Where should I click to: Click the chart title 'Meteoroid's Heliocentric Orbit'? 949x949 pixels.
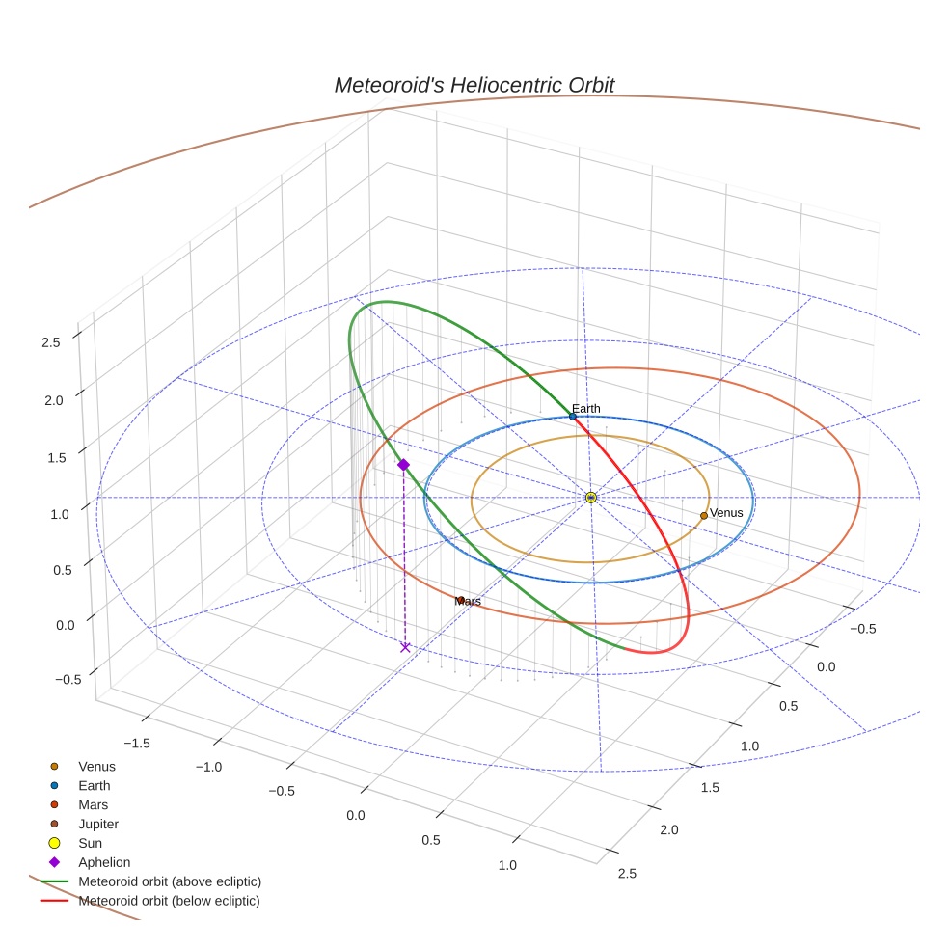(474, 85)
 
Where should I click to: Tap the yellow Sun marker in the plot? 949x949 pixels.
(591, 498)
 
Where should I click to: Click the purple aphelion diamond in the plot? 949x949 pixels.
(403, 465)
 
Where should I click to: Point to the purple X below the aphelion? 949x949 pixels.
(405, 647)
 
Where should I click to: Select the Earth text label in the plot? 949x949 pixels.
(585, 409)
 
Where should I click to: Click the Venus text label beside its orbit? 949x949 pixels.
(726, 513)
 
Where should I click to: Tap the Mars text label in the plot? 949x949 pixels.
(468, 601)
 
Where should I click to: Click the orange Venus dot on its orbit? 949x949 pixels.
(704, 516)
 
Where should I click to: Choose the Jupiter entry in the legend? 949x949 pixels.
(97, 824)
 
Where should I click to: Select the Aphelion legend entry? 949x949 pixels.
(103, 862)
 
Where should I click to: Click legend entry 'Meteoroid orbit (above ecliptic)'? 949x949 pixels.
(170, 881)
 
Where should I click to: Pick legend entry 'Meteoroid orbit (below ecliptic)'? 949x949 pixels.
(169, 901)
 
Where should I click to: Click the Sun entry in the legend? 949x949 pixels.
(90, 843)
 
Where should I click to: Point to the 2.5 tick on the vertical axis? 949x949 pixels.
(51, 341)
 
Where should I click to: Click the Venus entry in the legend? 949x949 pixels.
(96, 767)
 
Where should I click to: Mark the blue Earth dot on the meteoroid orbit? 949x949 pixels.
(573, 417)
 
